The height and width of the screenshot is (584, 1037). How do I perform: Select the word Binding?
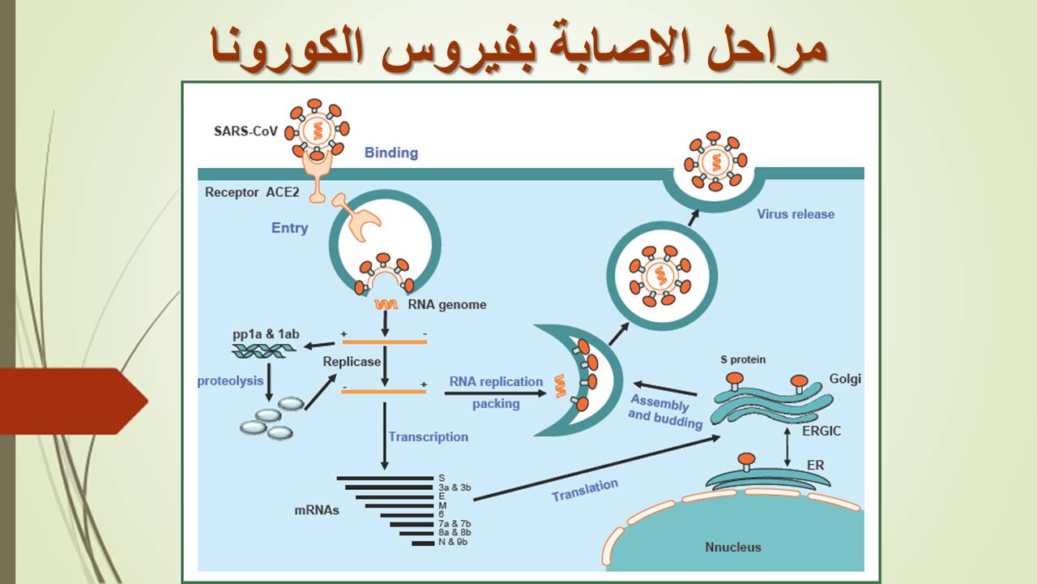(x=390, y=152)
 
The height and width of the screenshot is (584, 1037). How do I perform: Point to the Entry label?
(x=289, y=228)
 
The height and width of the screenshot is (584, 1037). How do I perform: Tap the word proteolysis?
(x=231, y=380)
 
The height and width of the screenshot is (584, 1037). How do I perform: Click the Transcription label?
(x=428, y=436)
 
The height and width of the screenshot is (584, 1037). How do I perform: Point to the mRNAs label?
(x=317, y=511)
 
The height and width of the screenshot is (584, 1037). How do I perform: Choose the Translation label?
(x=584, y=490)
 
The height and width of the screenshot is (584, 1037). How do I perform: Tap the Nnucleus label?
(x=733, y=547)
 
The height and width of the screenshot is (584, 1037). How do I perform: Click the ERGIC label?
(x=820, y=431)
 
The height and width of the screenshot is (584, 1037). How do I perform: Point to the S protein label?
(x=743, y=359)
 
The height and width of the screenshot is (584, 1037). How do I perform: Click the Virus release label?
(x=796, y=214)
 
